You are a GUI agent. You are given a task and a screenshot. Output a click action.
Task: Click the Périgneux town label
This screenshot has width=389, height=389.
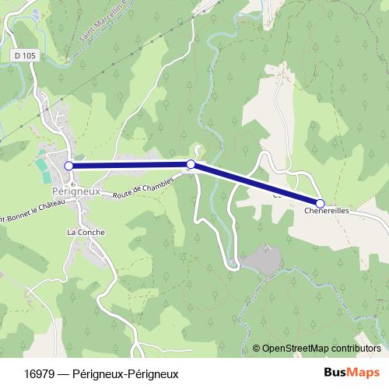(72, 190)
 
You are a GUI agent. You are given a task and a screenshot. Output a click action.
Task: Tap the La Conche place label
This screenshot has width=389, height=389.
(86, 232)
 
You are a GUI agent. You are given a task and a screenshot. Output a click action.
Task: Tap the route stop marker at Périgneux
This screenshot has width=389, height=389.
(68, 166)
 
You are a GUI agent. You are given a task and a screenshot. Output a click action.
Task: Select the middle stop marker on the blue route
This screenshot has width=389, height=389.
(191, 164)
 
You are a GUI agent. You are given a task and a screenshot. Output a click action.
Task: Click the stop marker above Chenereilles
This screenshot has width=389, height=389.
(320, 203)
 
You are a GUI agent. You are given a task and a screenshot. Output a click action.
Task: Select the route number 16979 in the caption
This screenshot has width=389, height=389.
(39, 373)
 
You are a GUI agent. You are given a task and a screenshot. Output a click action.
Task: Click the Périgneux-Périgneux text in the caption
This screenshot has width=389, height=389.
(125, 373)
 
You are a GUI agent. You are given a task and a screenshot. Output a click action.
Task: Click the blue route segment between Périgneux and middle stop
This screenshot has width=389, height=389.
(129, 165)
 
